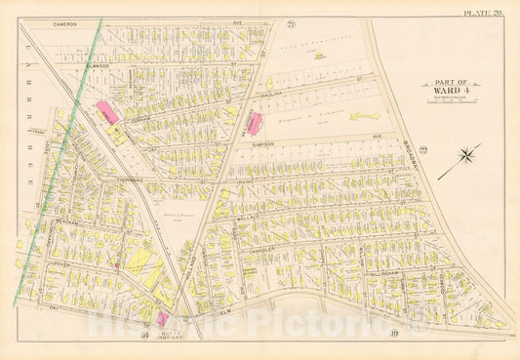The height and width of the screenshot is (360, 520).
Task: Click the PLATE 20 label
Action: (482, 13)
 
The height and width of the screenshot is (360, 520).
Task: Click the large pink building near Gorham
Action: (108, 112)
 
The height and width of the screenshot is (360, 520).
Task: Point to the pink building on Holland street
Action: (256, 124)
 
